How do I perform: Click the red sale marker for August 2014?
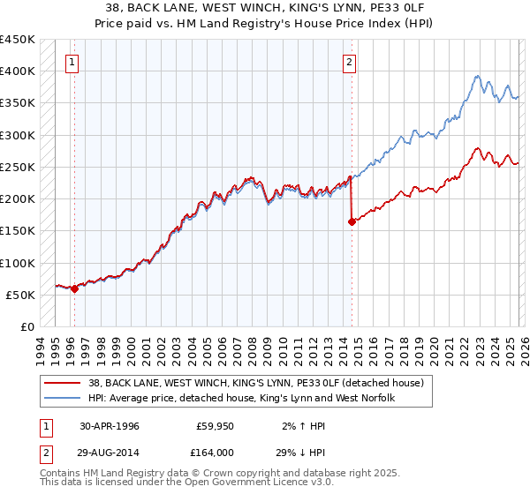(352, 222)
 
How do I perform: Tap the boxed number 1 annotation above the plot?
(72, 62)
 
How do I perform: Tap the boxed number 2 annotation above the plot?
(350, 62)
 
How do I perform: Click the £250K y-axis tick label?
(18, 167)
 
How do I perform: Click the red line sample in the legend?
(63, 383)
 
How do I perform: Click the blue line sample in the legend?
(63, 399)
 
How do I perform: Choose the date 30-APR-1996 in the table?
(109, 426)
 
